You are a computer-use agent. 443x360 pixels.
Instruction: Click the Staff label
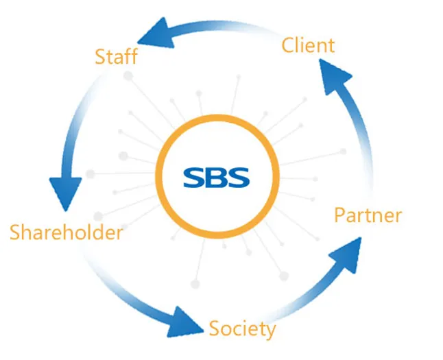tap(116, 56)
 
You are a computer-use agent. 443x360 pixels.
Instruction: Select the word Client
tap(308, 46)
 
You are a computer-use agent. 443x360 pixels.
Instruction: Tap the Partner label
tap(368, 215)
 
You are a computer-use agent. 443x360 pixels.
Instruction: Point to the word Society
tap(242, 329)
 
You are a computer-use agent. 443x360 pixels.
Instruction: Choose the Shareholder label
tap(66, 232)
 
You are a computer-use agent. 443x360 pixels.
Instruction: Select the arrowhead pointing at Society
tap(187, 319)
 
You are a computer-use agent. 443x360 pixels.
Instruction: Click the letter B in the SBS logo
tap(217, 176)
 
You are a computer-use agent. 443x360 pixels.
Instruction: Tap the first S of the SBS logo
tap(195, 176)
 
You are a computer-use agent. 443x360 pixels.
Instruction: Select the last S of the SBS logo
tap(239, 176)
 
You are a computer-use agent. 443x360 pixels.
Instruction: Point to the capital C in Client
tap(288, 47)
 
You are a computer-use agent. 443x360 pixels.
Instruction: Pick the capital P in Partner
tap(340, 215)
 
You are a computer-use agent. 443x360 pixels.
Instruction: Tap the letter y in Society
tap(271, 332)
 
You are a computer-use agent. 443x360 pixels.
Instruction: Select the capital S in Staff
tap(101, 56)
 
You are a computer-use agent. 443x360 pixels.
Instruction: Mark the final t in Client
tap(331, 47)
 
